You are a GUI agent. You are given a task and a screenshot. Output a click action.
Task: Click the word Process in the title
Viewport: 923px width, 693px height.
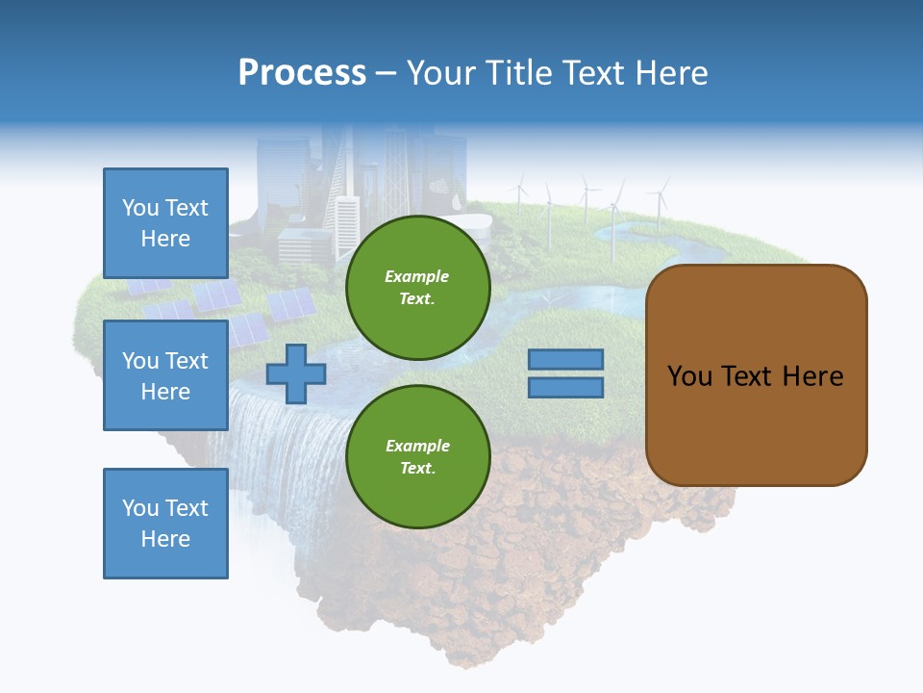pos(302,73)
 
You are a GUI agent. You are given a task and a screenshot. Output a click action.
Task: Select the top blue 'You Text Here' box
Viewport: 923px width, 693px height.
pos(165,222)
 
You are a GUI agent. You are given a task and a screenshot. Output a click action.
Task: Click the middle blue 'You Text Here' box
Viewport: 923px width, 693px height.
pos(165,375)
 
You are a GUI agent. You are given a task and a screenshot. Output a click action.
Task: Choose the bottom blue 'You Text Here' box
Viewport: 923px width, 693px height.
pos(165,523)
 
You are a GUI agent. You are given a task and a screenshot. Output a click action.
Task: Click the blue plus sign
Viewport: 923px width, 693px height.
pos(296,373)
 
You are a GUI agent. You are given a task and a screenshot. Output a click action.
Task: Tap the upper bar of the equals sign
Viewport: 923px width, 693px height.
pos(565,359)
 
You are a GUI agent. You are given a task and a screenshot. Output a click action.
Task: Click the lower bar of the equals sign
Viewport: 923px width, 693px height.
pos(565,388)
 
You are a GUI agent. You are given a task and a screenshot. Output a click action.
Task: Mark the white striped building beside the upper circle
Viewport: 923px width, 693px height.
pos(345,226)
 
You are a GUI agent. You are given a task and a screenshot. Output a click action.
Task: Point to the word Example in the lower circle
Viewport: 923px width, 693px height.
pos(417,446)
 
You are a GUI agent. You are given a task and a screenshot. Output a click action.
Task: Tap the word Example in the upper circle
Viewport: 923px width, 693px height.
pos(417,276)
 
